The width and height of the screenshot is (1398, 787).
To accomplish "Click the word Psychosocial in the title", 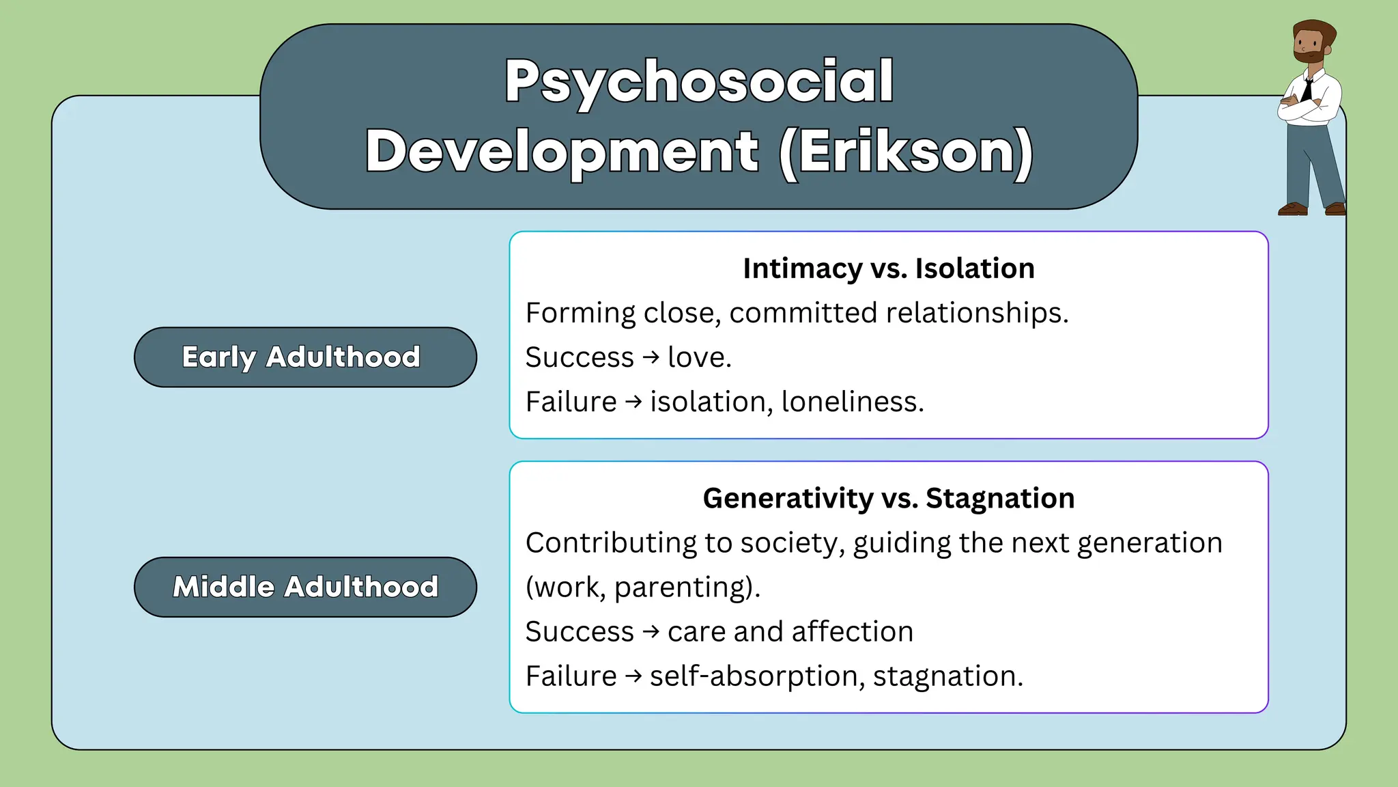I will [699, 82].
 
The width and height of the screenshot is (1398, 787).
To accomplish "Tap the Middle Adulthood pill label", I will [305, 588].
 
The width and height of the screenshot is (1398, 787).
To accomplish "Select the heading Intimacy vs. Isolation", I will [888, 268].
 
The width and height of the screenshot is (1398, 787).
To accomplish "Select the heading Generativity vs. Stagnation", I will [888, 499].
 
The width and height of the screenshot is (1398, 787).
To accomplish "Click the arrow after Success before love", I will [651, 357].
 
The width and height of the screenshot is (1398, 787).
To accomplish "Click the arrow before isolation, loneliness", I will [633, 402].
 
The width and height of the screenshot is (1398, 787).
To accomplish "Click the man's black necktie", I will [1307, 89].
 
